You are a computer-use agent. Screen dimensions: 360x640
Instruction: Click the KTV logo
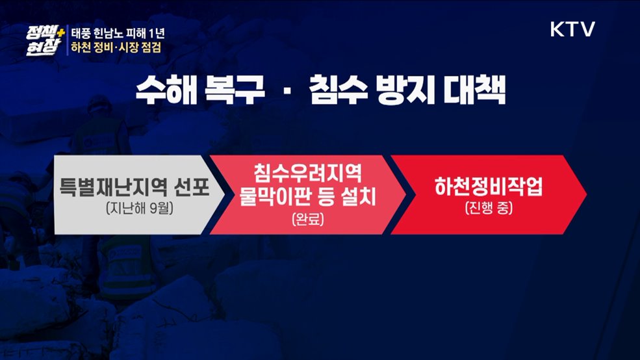(x=572, y=29)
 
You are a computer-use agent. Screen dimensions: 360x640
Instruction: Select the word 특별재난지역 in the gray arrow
(x=115, y=188)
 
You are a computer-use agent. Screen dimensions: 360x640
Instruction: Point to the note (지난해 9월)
(x=133, y=210)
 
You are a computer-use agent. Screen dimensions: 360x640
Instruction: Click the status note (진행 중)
(x=489, y=209)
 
